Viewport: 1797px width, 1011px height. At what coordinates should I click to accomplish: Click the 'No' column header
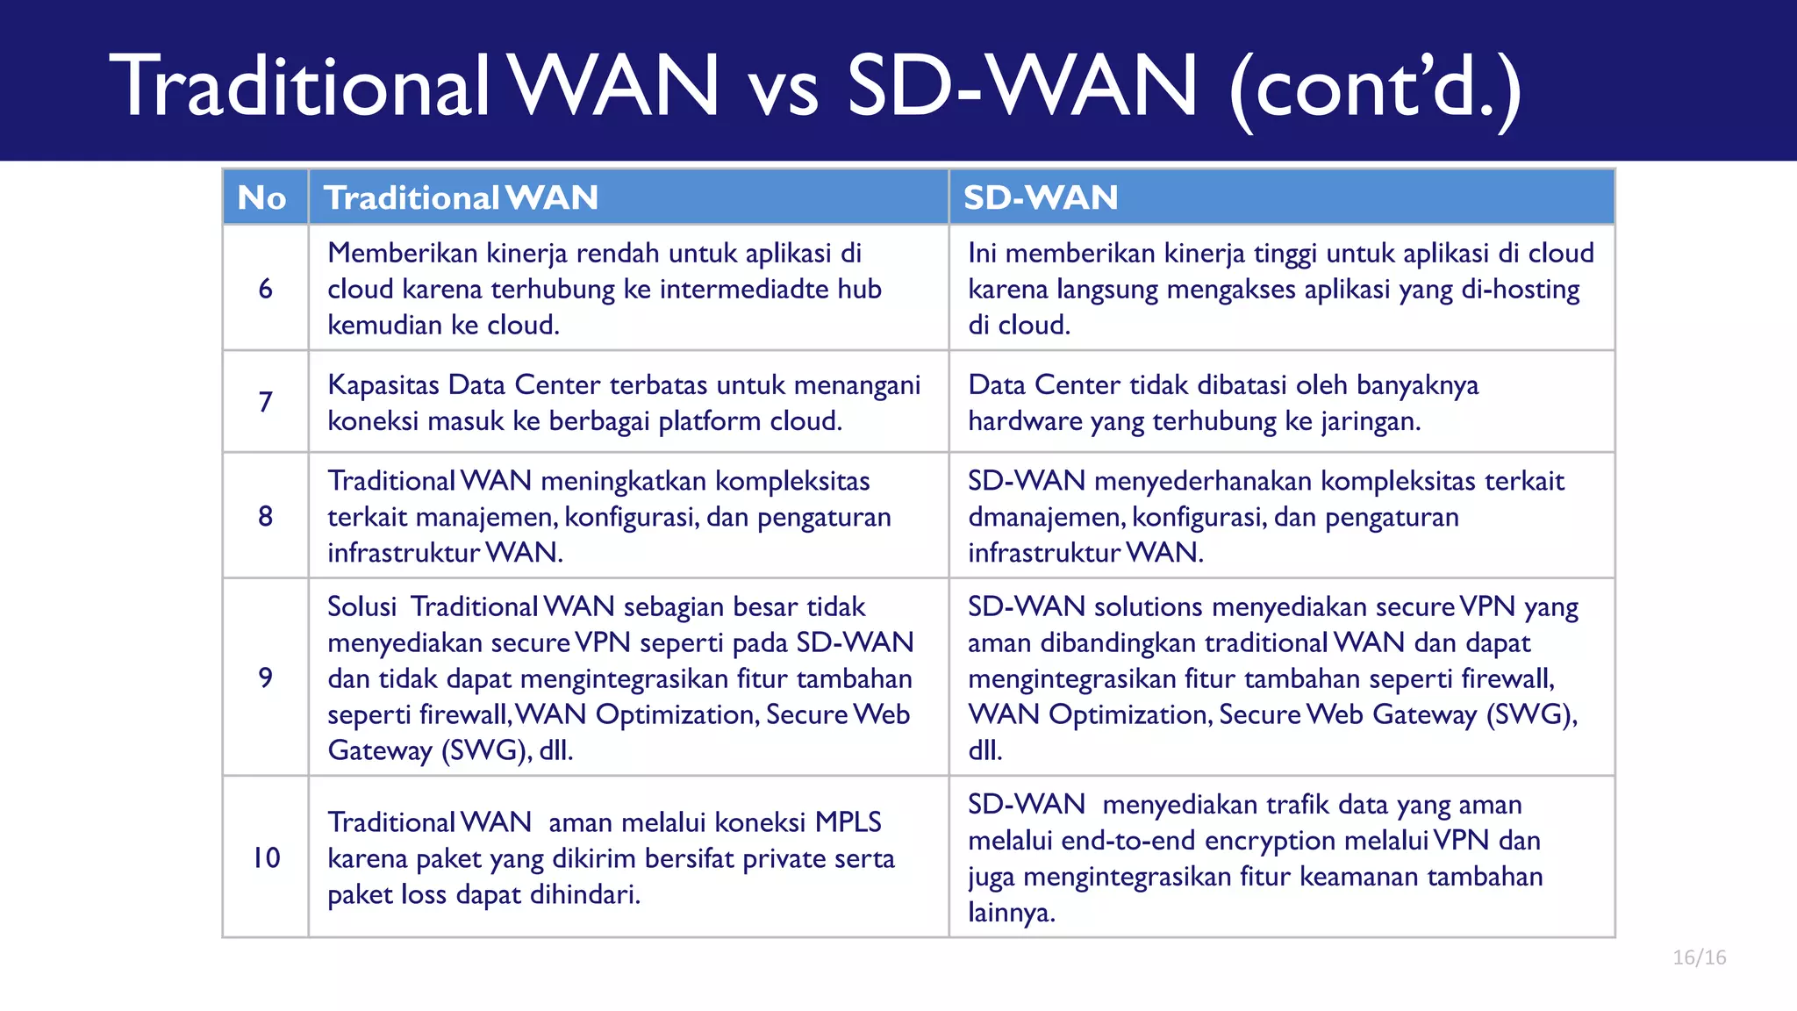tap(262, 197)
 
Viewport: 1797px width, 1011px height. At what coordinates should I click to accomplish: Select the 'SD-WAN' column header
tap(1041, 197)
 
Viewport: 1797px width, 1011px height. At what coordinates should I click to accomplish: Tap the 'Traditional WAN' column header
tap(461, 197)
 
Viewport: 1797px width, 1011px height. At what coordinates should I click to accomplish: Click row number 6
tap(265, 289)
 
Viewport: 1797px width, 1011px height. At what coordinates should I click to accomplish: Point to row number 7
tap(265, 402)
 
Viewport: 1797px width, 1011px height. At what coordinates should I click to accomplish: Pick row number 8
tap(265, 516)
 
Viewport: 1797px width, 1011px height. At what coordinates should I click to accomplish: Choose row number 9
tap(265, 678)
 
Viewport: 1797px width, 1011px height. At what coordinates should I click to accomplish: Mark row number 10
tap(266, 857)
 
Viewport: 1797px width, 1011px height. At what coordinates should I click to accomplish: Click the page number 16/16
tap(1699, 957)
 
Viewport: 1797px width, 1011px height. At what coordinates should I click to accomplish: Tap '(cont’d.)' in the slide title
tap(1375, 88)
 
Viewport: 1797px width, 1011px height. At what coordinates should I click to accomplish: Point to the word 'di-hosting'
tap(1520, 289)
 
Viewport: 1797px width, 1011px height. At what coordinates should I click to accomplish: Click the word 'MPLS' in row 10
tap(848, 822)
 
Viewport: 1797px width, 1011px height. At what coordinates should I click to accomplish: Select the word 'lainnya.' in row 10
tap(1011, 913)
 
